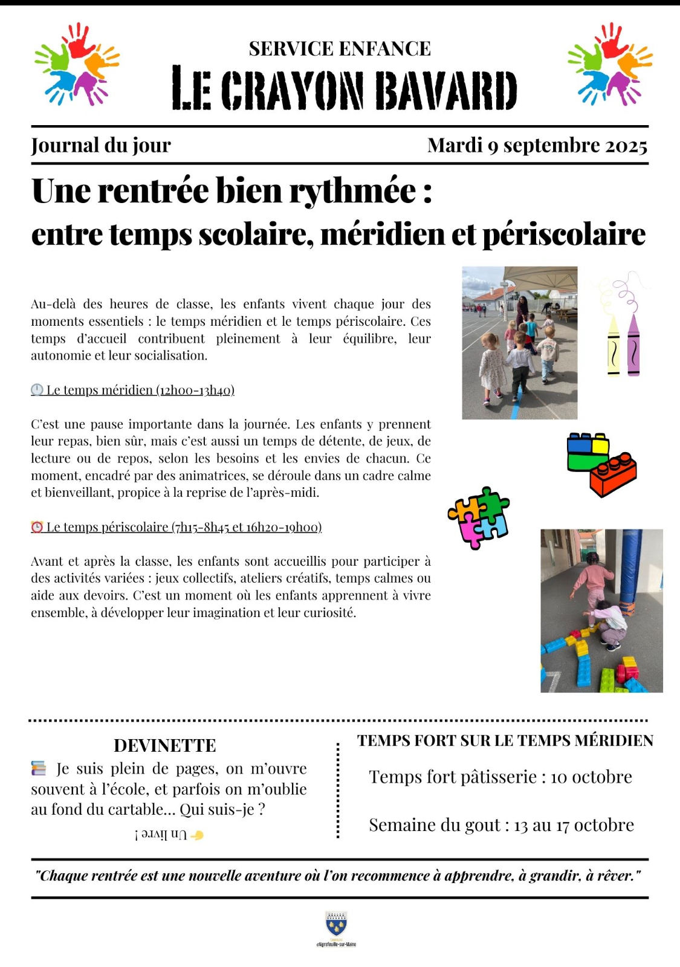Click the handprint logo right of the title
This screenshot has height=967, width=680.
click(x=610, y=64)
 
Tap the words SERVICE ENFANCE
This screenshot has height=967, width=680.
click(x=340, y=49)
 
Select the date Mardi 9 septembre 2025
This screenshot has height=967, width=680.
click(x=537, y=146)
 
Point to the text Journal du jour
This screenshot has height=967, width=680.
click(x=101, y=146)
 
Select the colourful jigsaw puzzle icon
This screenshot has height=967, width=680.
click(x=479, y=517)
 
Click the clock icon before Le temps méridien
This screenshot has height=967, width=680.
click(x=37, y=390)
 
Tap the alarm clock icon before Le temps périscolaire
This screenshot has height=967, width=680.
click(x=37, y=527)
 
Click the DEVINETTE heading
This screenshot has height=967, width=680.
click(x=164, y=745)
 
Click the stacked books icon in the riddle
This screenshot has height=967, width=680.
click(x=39, y=769)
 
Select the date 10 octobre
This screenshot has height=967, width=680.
click(x=591, y=777)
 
